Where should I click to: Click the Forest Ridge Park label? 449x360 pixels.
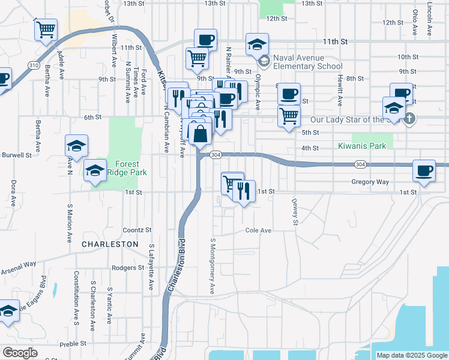122,168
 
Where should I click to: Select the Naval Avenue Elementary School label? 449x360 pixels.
307,62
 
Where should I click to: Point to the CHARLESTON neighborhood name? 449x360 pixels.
110,244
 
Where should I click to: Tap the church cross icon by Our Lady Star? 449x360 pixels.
409,118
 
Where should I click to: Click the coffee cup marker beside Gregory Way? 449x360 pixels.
424,170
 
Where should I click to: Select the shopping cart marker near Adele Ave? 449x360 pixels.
46,29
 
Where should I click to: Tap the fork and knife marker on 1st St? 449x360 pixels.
244,191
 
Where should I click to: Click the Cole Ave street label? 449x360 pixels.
258,230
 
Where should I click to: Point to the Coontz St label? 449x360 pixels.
137,230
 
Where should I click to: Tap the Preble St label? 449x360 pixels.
74,344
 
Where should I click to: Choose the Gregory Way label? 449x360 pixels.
370,182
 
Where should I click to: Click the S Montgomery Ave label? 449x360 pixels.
212,265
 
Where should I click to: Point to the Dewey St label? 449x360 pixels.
295,212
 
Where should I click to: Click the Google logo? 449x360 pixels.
19,353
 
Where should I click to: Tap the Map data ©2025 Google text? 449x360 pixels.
412,355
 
